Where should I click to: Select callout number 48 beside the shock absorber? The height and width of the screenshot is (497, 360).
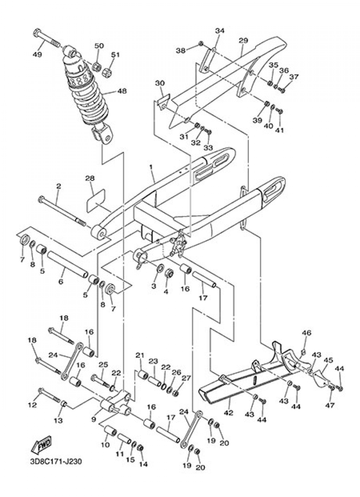[121, 91]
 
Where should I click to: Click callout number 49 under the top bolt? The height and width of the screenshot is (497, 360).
[37, 54]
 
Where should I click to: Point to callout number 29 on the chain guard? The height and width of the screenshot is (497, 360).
[243, 41]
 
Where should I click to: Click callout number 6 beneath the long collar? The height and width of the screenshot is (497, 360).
[61, 282]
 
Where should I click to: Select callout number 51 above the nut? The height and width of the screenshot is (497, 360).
[115, 54]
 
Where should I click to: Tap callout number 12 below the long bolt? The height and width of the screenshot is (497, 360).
[32, 405]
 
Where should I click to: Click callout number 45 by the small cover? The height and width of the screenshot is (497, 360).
[328, 360]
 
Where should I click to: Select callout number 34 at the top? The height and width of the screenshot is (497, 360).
[219, 30]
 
